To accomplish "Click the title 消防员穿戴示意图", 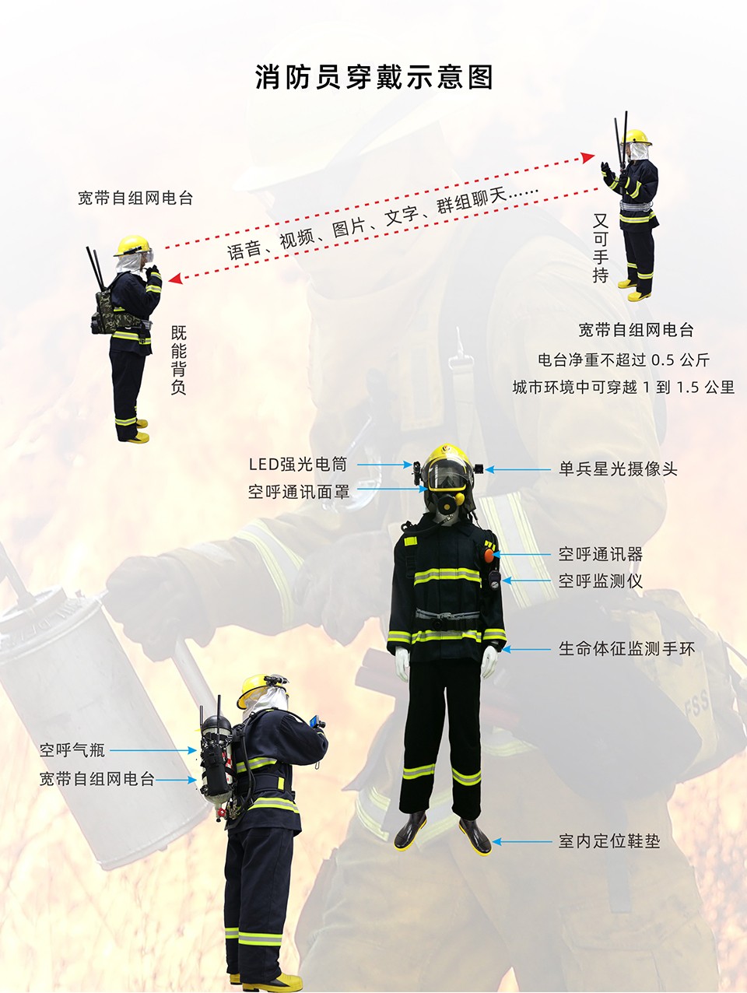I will click(x=374, y=77).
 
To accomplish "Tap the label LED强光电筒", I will click(x=298, y=465).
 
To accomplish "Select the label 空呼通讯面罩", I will click(x=299, y=492).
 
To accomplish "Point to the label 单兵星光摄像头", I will click(x=618, y=469).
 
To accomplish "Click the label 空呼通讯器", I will click(x=601, y=554).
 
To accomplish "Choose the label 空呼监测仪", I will click(x=601, y=581).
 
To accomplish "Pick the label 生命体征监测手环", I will click(x=626, y=649).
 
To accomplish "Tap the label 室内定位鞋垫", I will click(x=609, y=841).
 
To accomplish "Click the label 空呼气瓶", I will click(x=72, y=750).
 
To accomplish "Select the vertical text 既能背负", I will click(x=179, y=360).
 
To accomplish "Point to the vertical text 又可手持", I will click(x=600, y=247).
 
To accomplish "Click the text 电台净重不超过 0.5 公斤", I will click(x=624, y=360).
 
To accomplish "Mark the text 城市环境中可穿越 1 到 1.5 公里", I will click(x=623, y=387).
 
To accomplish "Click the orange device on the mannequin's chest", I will click(x=489, y=556).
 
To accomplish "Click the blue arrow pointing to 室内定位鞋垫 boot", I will click(x=521, y=842).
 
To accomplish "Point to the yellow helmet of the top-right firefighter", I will click(x=637, y=137).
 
